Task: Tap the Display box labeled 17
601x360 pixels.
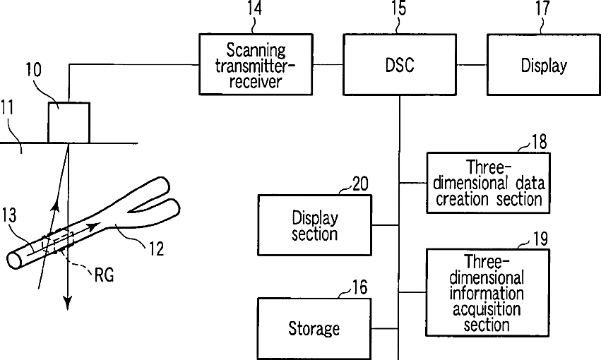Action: click(544, 66)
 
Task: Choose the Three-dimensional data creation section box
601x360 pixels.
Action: click(488, 183)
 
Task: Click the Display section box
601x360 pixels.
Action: click(314, 225)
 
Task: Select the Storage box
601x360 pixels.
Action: click(314, 328)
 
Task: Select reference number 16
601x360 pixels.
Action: click(359, 287)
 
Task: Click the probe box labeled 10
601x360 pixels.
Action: click(69, 123)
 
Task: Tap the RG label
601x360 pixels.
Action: click(103, 275)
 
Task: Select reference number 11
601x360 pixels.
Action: click(8, 109)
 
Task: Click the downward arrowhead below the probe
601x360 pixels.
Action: click(69, 304)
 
